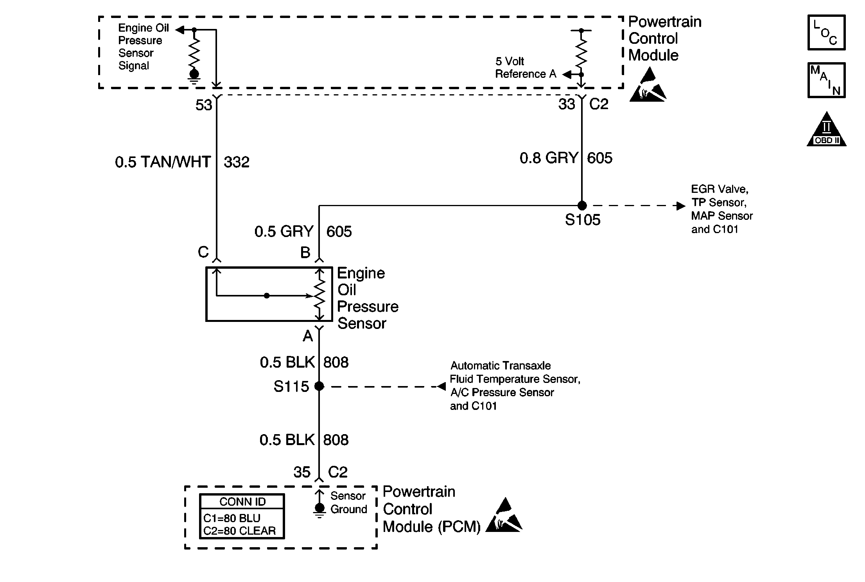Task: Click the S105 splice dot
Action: pos(582,205)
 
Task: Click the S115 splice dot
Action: pos(319,386)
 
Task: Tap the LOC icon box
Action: pos(826,32)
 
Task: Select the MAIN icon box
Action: pos(826,80)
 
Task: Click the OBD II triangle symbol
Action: pos(826,129)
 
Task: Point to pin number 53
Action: pos(204,105)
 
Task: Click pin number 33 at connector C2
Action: pos(567,104)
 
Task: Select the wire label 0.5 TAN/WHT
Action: pos(163,162)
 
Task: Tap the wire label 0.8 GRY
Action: pos(549,158)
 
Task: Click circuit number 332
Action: pos(237,162)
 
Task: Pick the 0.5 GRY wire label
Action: pos(284,232)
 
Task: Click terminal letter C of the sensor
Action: pos(203,252)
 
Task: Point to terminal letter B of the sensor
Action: pos(305,253)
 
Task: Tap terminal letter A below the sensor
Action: pos(308,336)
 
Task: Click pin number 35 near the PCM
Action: pos(302,472)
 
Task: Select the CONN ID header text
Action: pos(242,502)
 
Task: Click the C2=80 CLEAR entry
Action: pos(240,531)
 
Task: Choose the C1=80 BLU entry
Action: pos(232,518)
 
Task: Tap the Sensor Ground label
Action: pos(349,503)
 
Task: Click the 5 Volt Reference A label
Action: pos(526,68)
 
